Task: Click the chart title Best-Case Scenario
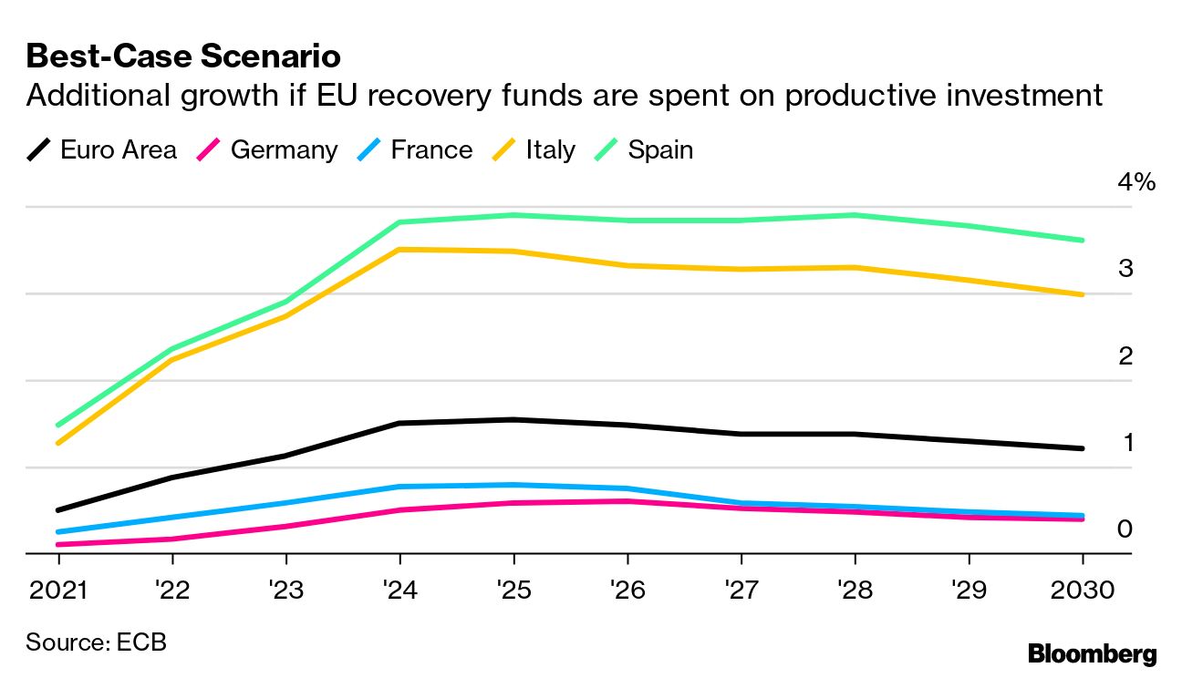coord(183,56)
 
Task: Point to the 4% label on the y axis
coord(1136,182)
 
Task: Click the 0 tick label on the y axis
coord(1125,529)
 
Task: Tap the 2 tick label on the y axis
coord(1125,355)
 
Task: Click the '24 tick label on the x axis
coord(399,591)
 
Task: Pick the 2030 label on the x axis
coord(1083,591)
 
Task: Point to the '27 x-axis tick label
coord(741,591)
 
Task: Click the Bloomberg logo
coord(1092,653)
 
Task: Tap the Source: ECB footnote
coord(96,642)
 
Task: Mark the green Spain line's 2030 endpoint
coord(1083,241)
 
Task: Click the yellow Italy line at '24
coord(399,249)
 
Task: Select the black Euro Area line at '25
coord(513,419)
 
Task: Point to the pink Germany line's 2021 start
coord(57,545)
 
